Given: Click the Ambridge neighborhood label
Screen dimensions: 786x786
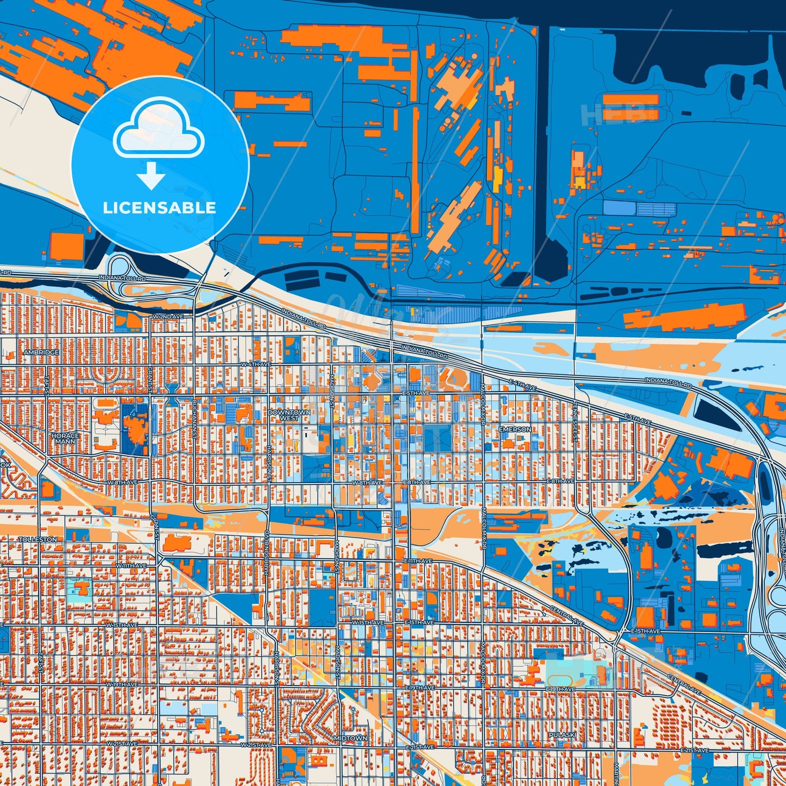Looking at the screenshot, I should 41,352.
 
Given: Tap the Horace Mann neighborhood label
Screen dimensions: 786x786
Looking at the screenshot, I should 65,438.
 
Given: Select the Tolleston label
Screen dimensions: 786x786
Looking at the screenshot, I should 38,539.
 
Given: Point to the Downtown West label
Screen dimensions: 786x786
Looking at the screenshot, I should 289,415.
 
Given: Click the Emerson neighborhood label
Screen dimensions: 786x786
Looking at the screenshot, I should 515,429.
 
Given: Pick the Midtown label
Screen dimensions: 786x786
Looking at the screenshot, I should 351,738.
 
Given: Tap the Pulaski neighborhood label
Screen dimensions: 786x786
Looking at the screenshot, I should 562,735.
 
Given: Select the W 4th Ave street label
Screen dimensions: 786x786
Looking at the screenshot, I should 255,363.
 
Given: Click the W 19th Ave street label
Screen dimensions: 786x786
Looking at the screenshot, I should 122,684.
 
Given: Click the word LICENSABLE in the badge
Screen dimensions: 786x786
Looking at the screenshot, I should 159,208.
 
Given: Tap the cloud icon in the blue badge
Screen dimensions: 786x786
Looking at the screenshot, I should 158,129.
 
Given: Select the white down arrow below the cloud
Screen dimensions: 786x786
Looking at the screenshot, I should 151,177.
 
